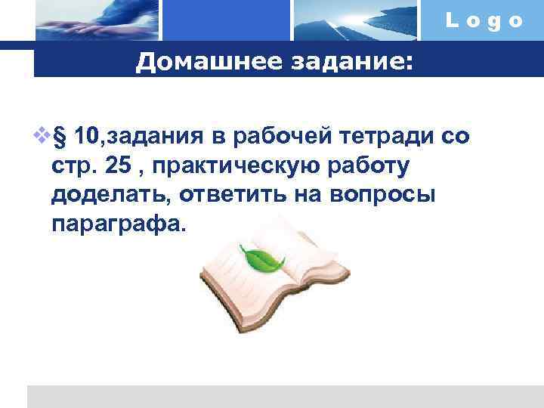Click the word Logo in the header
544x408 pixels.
484,20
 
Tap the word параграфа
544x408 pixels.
117,224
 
